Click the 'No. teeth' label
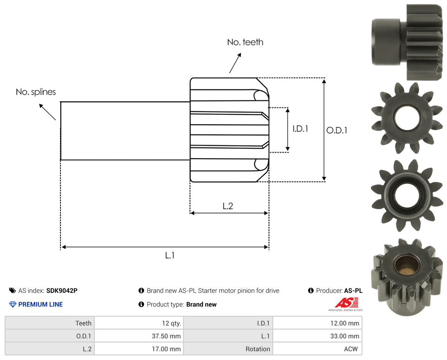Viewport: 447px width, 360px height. [245, 42]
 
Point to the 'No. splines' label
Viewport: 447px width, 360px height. [36, 92]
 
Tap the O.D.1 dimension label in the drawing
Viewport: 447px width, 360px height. [337, 130]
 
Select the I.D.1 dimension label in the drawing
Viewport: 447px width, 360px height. [300, 129]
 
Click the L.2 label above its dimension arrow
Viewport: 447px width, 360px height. [228, 206]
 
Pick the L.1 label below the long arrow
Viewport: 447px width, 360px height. [170, 255]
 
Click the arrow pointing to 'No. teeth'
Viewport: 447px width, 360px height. [235, 63]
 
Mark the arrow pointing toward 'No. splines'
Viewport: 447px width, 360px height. [47, 112]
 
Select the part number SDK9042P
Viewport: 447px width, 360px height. [62, 291]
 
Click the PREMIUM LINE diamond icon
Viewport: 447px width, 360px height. [13, 304]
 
